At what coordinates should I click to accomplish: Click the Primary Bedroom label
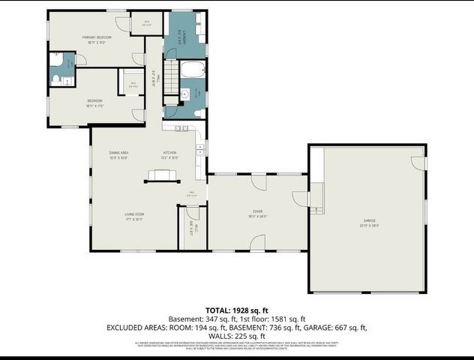(97, 38)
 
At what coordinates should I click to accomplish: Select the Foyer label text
(257, 214)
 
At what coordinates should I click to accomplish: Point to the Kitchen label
(170, 154)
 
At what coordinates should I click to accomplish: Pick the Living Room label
(134, 216)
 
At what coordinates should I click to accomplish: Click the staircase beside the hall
(171, 75)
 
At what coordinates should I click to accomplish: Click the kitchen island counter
(163, 175)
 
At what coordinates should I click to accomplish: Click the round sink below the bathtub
(184, 95)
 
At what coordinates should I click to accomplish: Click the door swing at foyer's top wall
(258, 182)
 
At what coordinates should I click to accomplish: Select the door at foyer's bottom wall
(258, 242)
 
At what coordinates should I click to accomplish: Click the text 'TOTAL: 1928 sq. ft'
(236, 310)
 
